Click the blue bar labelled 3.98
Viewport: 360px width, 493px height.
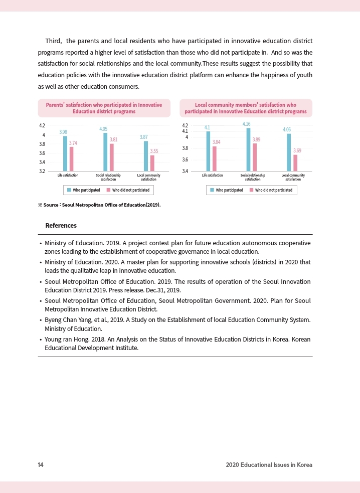65,153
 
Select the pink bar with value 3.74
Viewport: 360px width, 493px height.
72,159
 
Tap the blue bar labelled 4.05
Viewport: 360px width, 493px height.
105,152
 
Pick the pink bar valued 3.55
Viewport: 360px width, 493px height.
152,163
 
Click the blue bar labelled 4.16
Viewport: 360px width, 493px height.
248,149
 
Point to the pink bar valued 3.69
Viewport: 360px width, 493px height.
295,163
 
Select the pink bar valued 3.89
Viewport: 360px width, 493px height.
255,157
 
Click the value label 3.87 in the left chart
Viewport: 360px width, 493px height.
144,137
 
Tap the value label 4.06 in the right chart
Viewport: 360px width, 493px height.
287,129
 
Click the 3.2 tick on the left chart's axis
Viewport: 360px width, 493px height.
42,171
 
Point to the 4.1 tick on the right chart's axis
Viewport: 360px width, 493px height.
185,131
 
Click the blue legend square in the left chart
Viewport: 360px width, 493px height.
69,190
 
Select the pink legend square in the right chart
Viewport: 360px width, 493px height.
252,190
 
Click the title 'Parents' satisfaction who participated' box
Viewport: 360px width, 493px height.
104,108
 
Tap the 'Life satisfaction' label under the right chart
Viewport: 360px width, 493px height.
212,175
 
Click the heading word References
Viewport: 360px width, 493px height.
61,226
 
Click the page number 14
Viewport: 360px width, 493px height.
41,465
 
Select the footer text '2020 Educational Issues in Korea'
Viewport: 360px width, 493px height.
269,465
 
